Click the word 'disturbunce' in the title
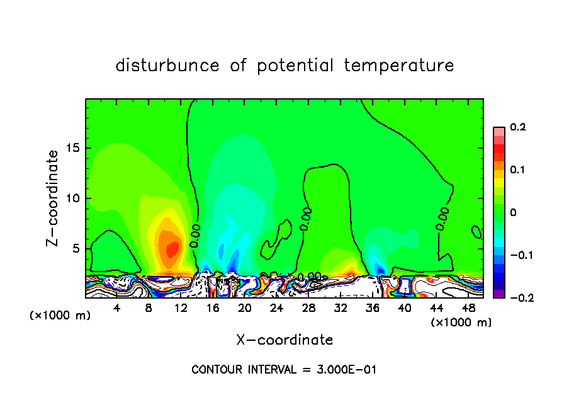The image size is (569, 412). (167, 66)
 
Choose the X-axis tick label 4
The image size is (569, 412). (117, 308)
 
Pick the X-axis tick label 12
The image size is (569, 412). (181, 308)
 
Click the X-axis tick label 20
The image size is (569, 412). (245, 308)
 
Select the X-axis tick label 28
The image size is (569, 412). (308, 308)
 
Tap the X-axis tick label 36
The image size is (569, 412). (373, 308)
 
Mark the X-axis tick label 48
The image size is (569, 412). (468, 308)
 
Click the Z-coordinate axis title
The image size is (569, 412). (54, 198)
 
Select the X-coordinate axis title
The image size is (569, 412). (284, 340)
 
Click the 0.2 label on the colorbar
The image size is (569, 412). (517, 127)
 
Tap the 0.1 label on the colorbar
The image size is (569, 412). (517, 170)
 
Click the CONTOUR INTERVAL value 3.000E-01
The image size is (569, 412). (346, 370)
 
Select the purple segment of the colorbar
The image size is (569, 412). (499, 293)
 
